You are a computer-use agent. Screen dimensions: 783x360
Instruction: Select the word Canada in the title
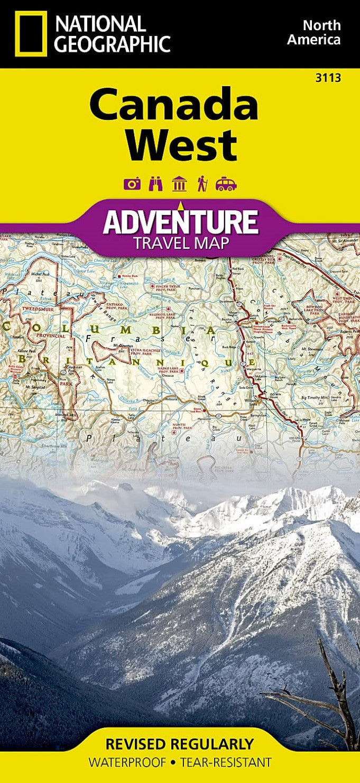click(173, 105)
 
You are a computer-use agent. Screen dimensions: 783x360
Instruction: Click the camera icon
click(132, 183)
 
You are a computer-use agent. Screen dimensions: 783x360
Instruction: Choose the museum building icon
click(179, 183)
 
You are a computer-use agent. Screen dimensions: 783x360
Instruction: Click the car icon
click(226, 183)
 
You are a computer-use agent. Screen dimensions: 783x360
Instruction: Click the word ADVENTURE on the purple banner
click(181, 222)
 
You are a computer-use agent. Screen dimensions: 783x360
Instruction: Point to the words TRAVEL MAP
click(181, 243)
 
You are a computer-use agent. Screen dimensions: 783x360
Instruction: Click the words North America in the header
click(321, 32)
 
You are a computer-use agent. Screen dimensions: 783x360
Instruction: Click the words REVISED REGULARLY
click(180, 744)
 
